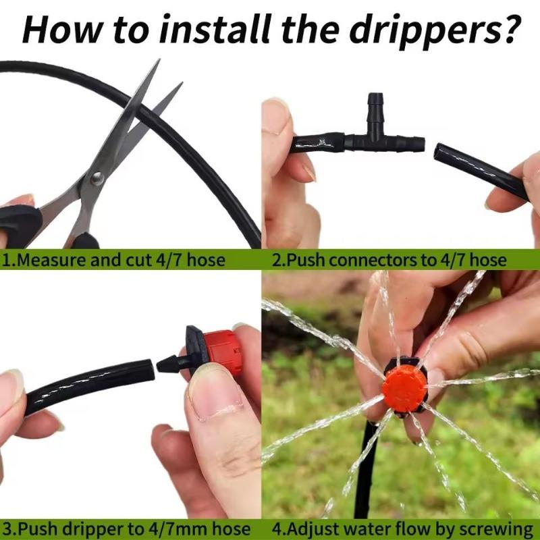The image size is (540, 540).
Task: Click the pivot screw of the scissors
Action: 97,178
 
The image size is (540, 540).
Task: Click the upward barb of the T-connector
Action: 373,109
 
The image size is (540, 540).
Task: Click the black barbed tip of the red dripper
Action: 169,364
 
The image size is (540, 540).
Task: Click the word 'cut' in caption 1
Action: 137,260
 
